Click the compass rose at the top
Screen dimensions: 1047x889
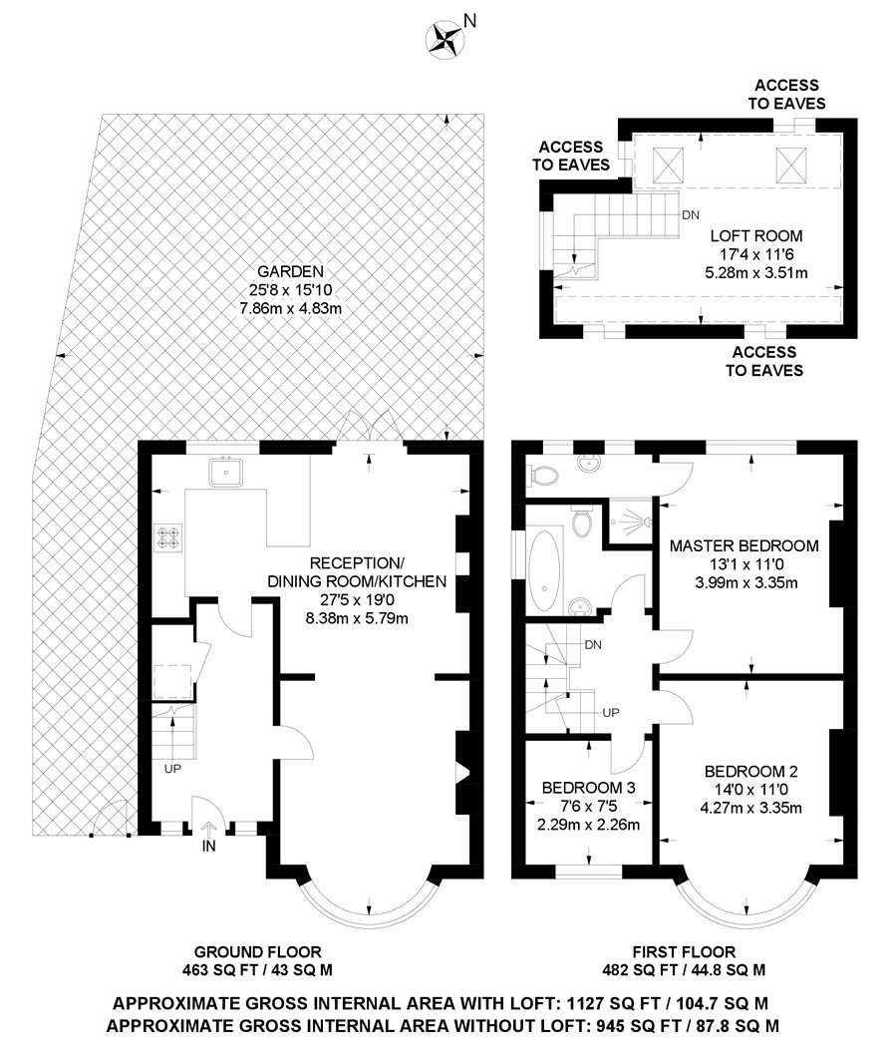pyautogui.click(x=444, y=39)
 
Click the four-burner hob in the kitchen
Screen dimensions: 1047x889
pyautogui.click(x=168, y=537)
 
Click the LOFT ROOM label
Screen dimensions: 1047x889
pyautogui.click(x=755, y=236)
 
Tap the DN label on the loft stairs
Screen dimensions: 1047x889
pyautogui.click(x=690, y=214)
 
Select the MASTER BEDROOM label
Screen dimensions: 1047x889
pyautogui.click(x=744, y=546)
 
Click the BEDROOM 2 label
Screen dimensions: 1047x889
pyautogui.click(x=750, y=771)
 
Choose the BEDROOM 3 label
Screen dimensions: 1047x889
pyautogui.click(x=588, y=788)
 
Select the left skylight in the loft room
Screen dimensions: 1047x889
pyautogui.click(x=668, y=160)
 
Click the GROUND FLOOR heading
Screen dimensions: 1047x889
pyautogui.click(x=257, y=951)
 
